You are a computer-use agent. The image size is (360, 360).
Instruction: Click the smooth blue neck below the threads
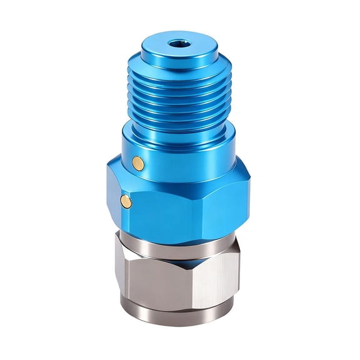(x=181, y=137)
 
